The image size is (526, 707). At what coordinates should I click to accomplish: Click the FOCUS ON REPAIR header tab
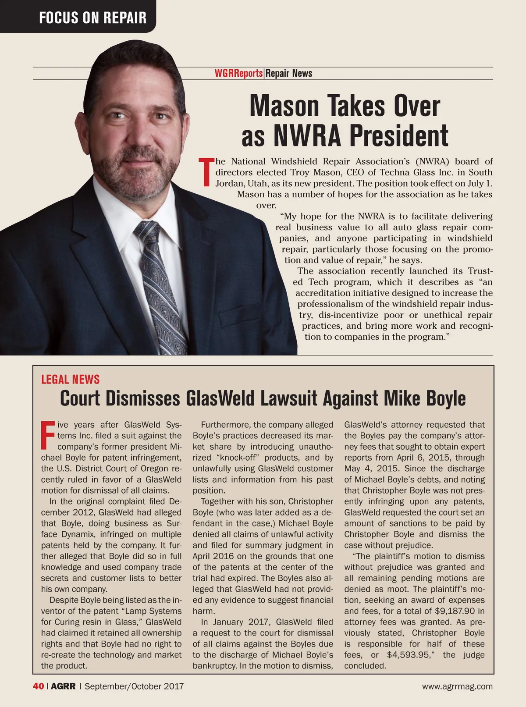click(x=92, y=18)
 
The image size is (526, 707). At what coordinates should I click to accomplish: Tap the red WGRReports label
click(x=238, y=73)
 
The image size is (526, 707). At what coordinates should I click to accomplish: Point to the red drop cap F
click(x=47, y=435)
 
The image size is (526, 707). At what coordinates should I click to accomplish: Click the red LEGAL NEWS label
click(x=70, y=380)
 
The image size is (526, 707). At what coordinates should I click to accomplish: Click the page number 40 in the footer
click(x=38, y=686)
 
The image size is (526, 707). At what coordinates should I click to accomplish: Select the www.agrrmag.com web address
click(x=457, y=686)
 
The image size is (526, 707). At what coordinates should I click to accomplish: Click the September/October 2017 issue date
click(x=134, y=686)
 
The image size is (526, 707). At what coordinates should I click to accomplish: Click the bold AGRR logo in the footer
click(x=63, y=686)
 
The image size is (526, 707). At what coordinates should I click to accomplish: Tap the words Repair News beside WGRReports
click(x=289, y=73)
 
